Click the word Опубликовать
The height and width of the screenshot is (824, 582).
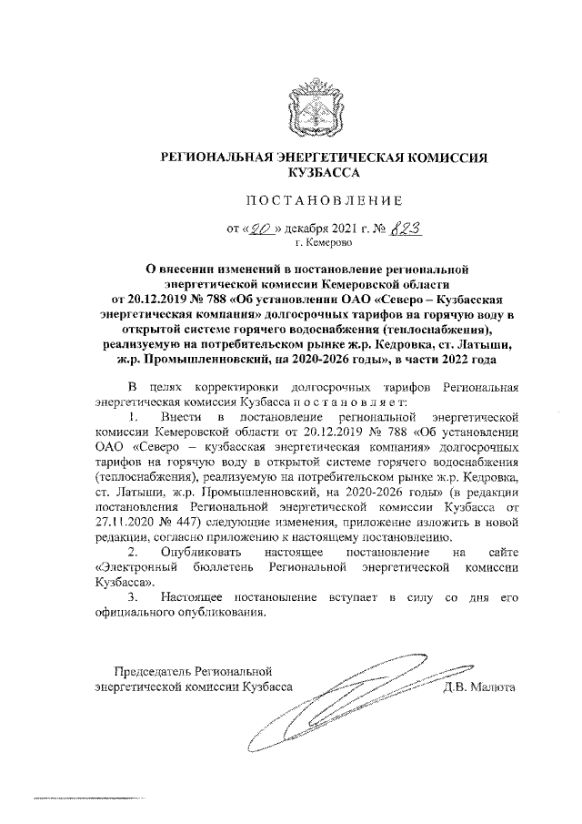[206, 552]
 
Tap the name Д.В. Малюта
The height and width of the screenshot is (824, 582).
[480, 688]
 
